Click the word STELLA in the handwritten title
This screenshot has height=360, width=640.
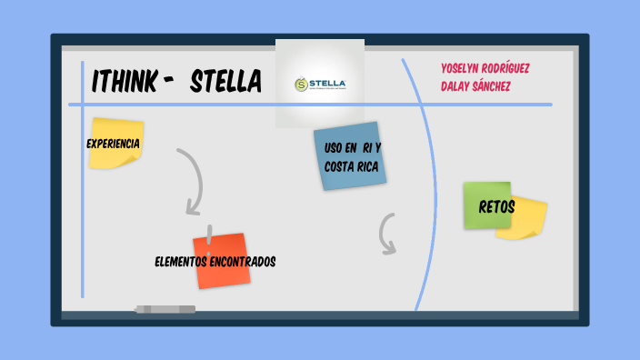coord(225,83)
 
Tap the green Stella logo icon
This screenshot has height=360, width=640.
coord(302,85)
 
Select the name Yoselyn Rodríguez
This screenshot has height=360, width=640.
coord(485,68)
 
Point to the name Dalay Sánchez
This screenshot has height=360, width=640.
coord(475,85)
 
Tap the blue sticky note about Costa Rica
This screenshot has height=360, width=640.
coord(348,156)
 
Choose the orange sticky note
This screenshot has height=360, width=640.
coord(220,261)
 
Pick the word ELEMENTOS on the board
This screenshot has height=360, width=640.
coord(185,262)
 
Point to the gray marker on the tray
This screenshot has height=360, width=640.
coord(165,309)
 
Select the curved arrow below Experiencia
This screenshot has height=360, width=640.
coord(194,182)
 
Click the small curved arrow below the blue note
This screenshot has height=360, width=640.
coord(387,234)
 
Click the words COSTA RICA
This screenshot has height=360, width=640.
coord(350,166)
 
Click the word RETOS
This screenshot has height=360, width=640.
coord(497,207)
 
